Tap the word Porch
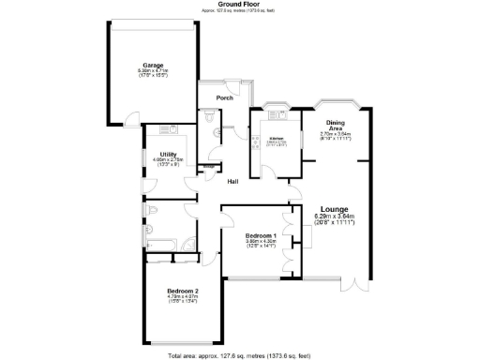[224, 97]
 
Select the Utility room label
[168, 154]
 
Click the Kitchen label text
[277, 139]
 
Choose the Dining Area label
[335, 124]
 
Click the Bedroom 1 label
[260, 234]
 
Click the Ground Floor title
[239, 4]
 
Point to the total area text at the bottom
[239, 356]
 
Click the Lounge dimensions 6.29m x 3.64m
[335, 217]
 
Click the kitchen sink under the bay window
[276, 114]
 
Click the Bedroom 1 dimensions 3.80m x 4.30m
[260, 243]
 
